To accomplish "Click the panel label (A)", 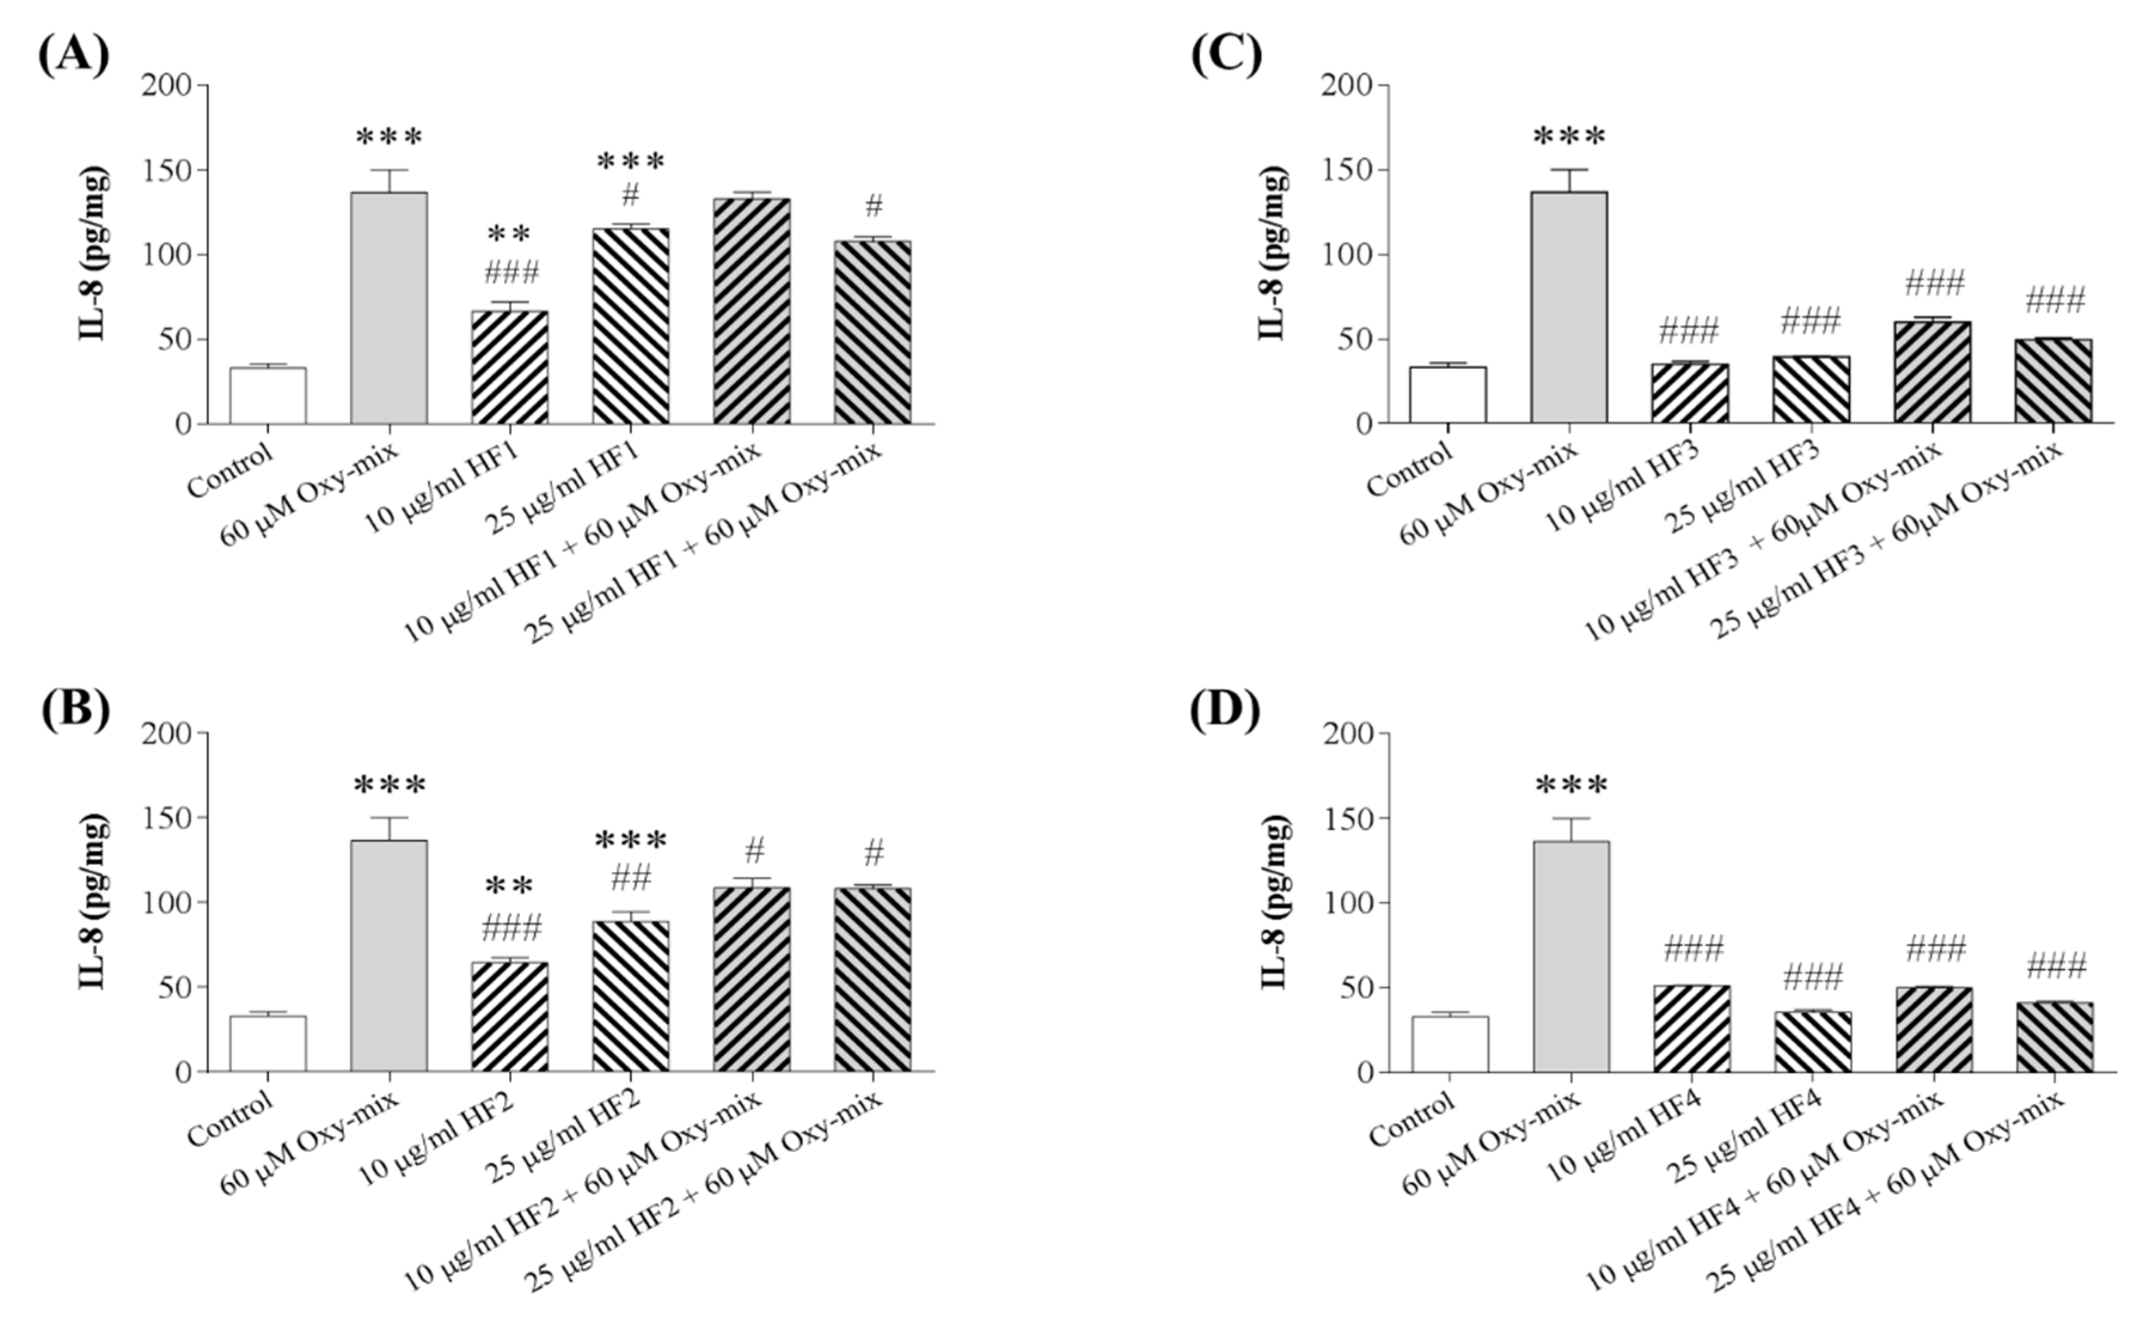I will pos(73,55).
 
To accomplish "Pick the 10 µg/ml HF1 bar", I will pos(510,368).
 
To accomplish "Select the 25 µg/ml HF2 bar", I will pos(630,996).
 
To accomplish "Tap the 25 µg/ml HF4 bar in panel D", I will pos(1813,1042).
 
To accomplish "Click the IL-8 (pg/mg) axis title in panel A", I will pos(94,254).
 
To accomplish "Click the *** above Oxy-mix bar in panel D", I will pos(1571,785).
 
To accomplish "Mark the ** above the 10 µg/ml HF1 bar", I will pos(510,235).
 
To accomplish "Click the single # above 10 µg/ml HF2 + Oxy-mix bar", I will pos(753,849).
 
